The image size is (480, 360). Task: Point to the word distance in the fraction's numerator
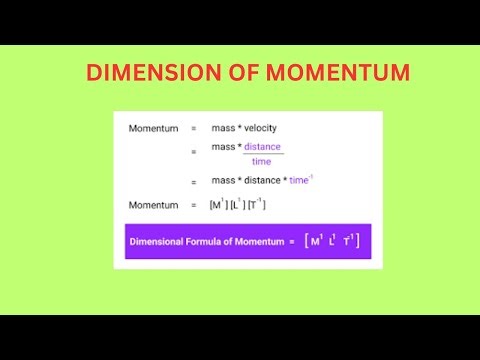pos(263,147)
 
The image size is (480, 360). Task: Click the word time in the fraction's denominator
pos(261,161)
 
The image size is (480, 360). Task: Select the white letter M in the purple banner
pos(316,241)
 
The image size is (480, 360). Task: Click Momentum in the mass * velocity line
pos(153,128)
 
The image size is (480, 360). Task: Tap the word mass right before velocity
pos(222,128)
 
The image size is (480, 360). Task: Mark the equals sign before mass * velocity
pos(194,128)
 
